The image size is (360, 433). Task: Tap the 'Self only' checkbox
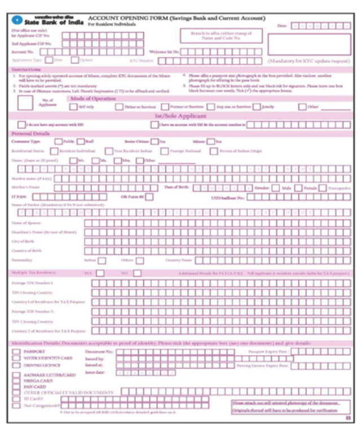(x=74, y=107)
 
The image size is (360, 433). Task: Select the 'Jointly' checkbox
(x=257, y=107)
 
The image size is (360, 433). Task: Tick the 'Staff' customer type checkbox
(x=81, y=142)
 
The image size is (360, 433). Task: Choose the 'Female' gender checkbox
(x=298, y=188)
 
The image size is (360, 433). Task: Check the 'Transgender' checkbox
(x=322, y=188)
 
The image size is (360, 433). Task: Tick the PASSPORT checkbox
(x=17, y=351)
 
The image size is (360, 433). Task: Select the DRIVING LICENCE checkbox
(x=17, y=365)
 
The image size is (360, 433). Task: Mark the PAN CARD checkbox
(x=17, y=387)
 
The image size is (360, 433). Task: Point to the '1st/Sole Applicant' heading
(x=179, y=115)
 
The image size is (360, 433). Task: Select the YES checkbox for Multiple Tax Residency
(x=99, y=273)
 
